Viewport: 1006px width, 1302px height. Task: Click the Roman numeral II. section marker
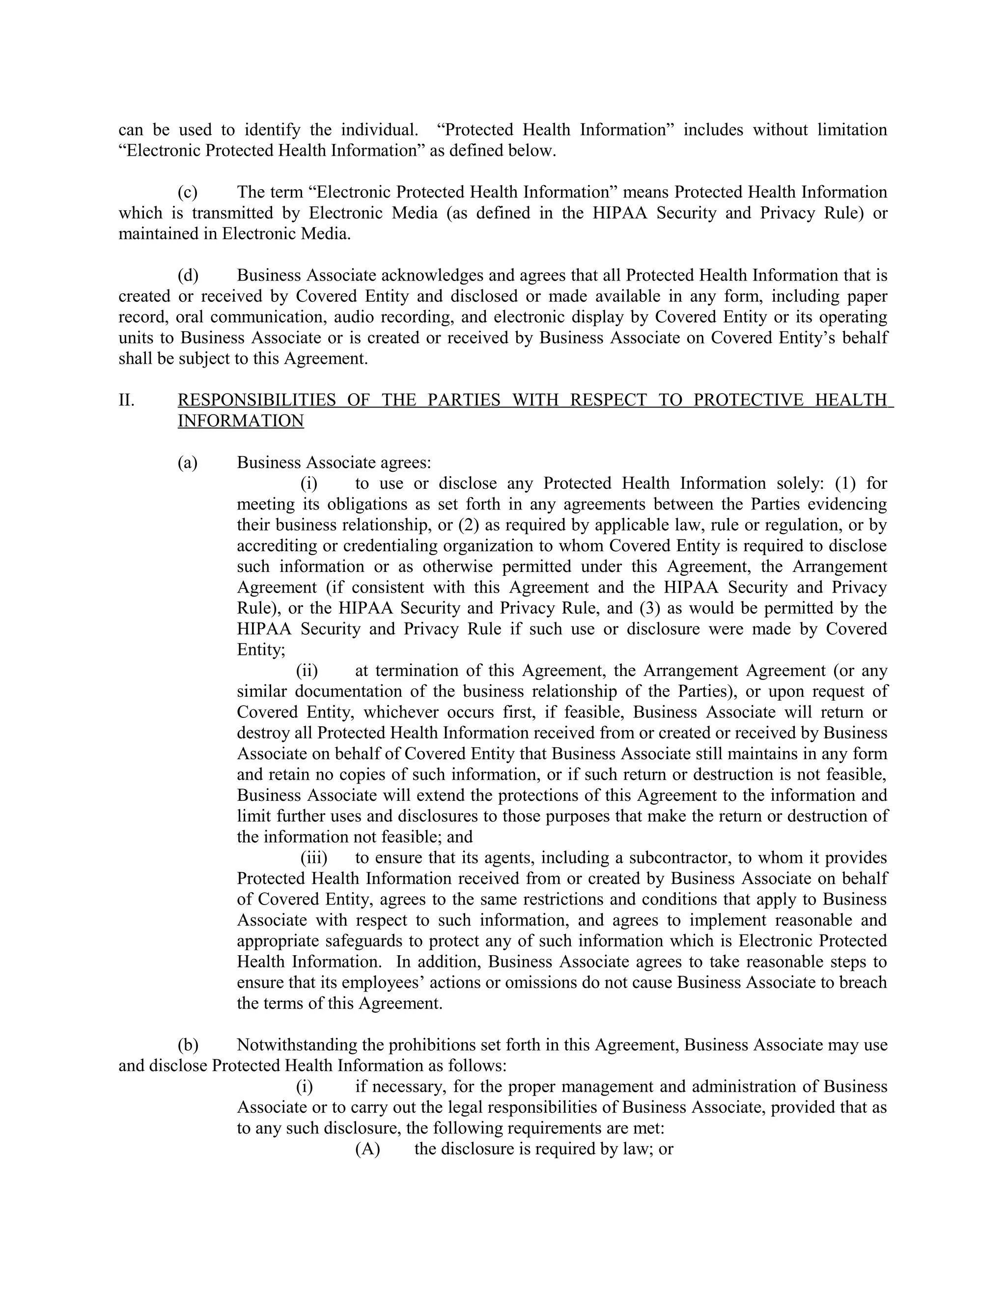coord(126,400)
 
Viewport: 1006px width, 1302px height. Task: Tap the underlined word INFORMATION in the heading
coord(241,421)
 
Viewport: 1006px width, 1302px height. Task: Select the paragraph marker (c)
coord(188,192)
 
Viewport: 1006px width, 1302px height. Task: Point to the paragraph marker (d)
coord(188,276)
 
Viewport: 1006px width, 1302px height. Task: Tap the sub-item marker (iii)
coord(313,857)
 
